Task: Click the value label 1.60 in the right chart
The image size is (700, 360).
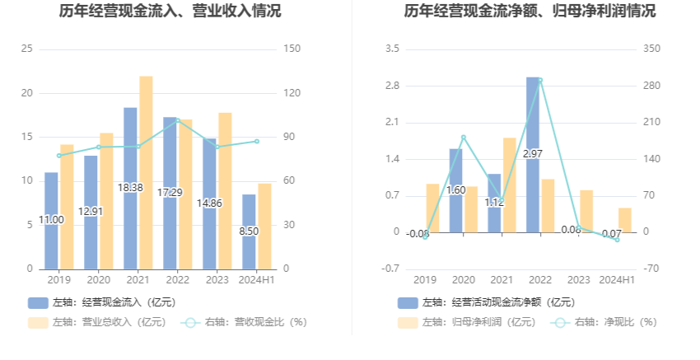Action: tap(455, 190)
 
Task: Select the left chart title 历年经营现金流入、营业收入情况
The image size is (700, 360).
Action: tap(170, 12)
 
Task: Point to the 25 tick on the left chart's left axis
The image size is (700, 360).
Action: tap(26, 49)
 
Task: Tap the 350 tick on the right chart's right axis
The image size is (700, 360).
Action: tap(652, 49)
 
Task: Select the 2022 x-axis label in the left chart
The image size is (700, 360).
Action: tap(177, 280)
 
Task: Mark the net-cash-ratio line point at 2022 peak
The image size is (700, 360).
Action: tap(540, 81)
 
